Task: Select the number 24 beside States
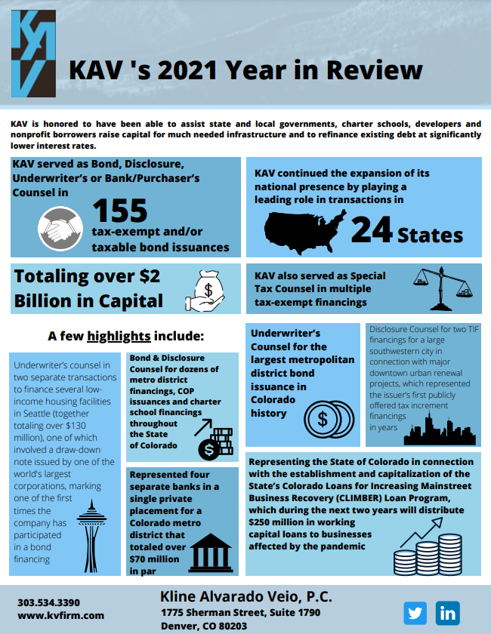click(x=373, y=232)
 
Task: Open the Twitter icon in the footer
click(x=415, y=613)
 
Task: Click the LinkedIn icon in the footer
click(x=448, y=613)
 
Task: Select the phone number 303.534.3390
click(x=48, y=602)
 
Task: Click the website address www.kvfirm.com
click(x=60, y=616)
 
